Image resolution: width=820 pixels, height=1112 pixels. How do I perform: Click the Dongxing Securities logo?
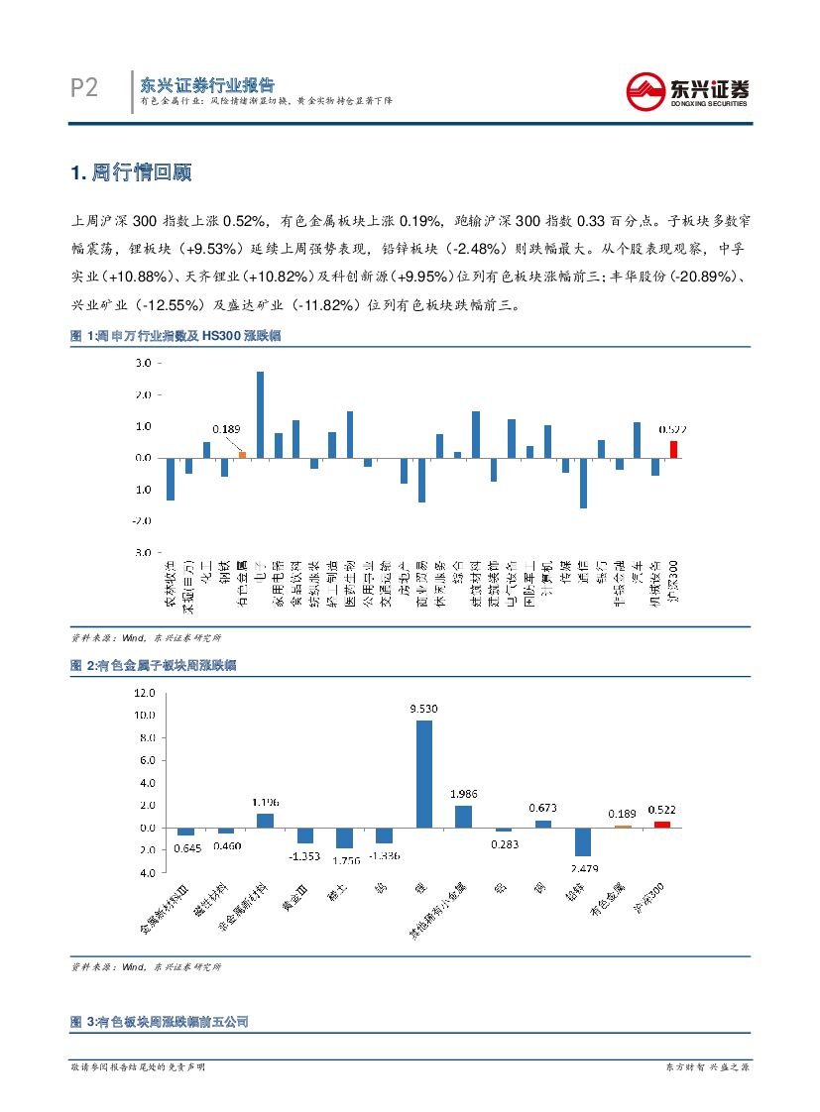pyautogui.click(x=688, y=92)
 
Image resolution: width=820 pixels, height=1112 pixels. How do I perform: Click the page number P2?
pyautogui.click(x=85, y=89)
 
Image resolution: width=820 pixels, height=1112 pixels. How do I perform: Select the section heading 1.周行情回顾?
pyautogui.click(x=130, y=172)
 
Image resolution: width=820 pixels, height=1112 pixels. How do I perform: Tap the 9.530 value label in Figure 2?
pyautogui.click(x=423, y=709)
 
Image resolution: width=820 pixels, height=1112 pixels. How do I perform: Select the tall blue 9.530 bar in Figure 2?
pyautogui.click(x=423, y=773)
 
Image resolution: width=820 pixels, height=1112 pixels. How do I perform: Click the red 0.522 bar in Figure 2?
pyautogui.click(x=662, y=824)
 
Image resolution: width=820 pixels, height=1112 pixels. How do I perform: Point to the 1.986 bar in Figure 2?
pyautogui.click(x=463, y=816)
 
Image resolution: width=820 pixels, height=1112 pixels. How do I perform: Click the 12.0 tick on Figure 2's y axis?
pyautogui.click(x=146, y=692)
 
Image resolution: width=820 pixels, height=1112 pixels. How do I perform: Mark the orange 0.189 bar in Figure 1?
pyautogui.click(x=242, y=454)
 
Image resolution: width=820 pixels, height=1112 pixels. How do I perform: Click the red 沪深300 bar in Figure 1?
pyautogui.click(x=674, y=449)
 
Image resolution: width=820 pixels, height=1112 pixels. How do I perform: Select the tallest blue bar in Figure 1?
pyautogui.click(x=260, y=414)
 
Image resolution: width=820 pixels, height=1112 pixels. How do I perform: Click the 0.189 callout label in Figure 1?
pyautogui.click(x=226, y=429)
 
